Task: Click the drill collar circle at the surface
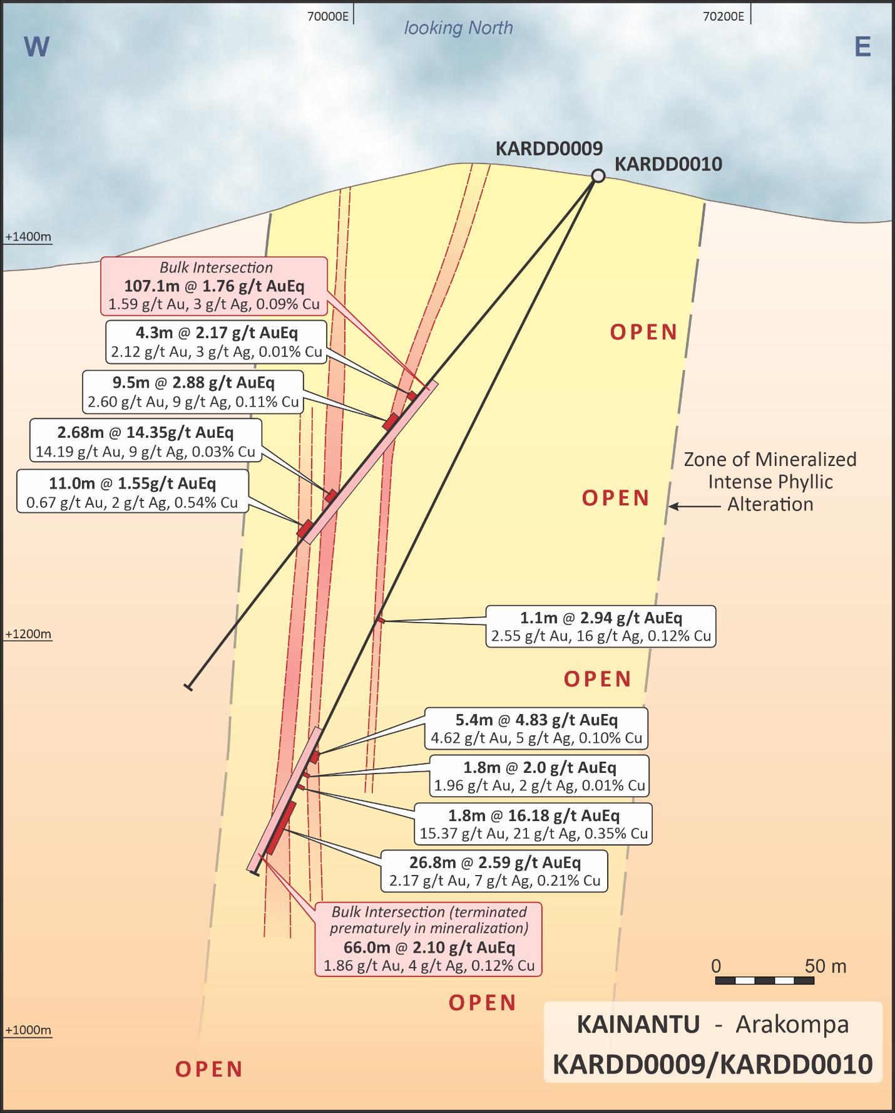pyautogui.click(x=598, y=176)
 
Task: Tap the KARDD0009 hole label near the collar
pyautogui.click(x=549, y=148)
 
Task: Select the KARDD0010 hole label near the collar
pyautogui.click(x=668, y=164)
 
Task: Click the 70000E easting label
pyautogui.click(x=327, y=17)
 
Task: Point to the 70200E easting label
pyautogui.click(x=724, y=17)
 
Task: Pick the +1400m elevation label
pyautogui.click(x=28, y=237)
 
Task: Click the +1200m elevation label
pyautogui.click(x=28, y=634)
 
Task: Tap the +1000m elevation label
pyautogui.click(x=28, y=1030)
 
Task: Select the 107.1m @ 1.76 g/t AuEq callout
pyautogui.click(x=214, y=286)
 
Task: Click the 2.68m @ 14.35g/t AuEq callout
pyautogui.click(x=145, y=441)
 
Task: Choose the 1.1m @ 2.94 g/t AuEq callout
pyautogui.click(x=601, y=626)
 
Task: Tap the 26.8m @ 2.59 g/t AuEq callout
pyautogui.click(x=494, y=871)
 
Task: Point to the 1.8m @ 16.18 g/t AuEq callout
pyautogui.click(x=533, y=824)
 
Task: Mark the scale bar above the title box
pyautogui.click(x=764, y=980)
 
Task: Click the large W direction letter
pyautogui.click(x=36, y=47)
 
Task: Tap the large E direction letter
pyautogui.click(x=862, y=47)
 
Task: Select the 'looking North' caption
pyautogui.click(x=458, y=28)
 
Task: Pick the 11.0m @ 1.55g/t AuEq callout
pyautogui.click(x=133, y=492)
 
